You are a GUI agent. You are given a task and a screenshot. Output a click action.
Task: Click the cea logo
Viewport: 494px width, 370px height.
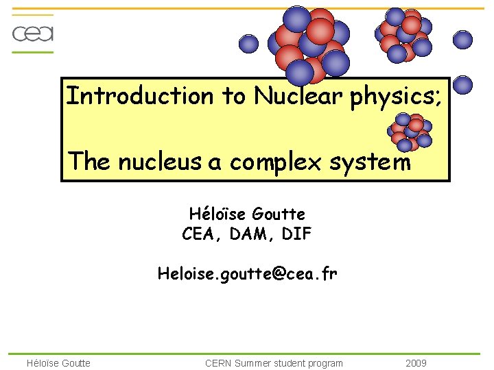[33, 34]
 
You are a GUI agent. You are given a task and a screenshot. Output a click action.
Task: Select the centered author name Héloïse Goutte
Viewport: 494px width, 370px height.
[247, 214]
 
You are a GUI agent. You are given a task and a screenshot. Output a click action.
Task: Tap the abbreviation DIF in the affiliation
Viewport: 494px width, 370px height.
[297, 234]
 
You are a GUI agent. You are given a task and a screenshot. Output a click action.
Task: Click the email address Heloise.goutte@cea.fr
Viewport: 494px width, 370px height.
[247, 274]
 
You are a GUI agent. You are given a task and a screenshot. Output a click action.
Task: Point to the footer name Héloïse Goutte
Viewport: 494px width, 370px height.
[58, 362]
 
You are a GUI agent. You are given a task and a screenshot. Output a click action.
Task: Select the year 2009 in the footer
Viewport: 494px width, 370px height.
[416, 362]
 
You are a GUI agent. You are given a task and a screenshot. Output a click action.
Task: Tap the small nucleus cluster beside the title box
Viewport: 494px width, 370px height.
[409, 130]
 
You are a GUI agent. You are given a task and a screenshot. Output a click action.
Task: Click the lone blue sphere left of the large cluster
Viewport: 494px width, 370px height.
[248, 44]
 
